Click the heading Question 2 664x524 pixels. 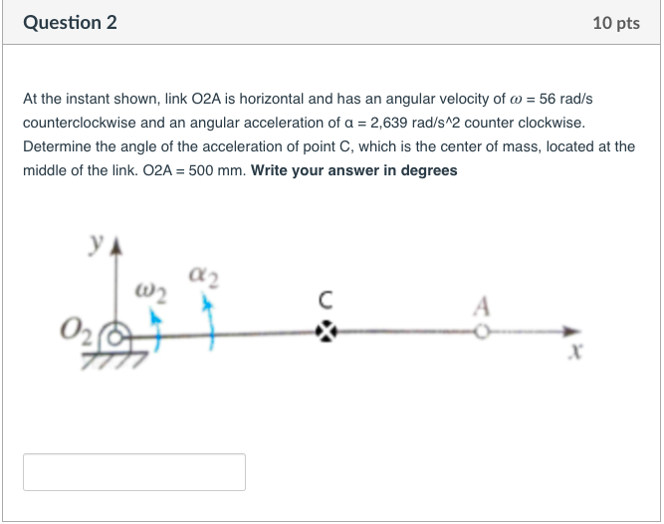[x=70, y=23]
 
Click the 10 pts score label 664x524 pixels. [x=615, y=23]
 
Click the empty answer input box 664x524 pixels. [x=134, y=472]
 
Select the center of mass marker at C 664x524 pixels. [x=326, y=332]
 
